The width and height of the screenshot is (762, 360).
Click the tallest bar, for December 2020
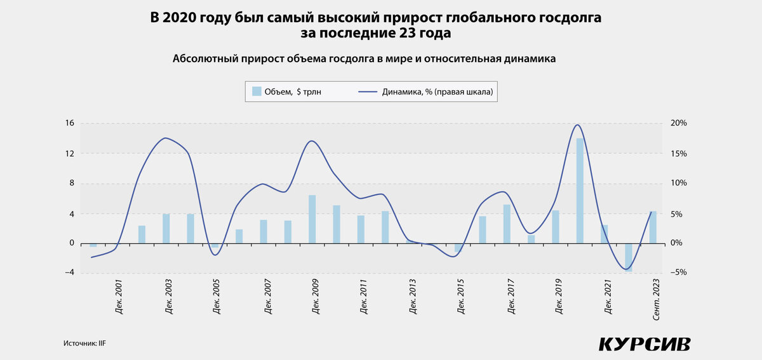tap(580, 190)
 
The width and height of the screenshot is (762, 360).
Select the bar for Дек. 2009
tap(312, 219)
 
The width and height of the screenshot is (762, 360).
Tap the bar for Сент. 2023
tap(653, 227)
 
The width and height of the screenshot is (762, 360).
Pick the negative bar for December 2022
tap(628, 257)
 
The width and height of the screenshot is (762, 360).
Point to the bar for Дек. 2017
tap(507, 223)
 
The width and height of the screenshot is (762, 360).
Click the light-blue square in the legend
tap(257, 91)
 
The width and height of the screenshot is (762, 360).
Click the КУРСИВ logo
tap(644, 344)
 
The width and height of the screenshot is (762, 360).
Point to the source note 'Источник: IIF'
tap(84, 343)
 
